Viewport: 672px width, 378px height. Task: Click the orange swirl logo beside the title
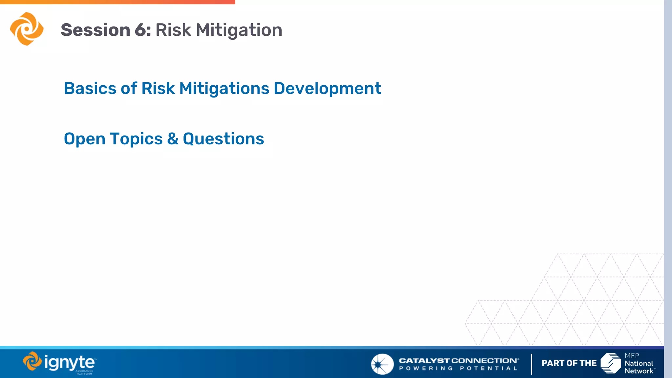click(27, 29)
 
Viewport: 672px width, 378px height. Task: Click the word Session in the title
click(95, 30)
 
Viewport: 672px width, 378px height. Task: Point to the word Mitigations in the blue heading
click(224, 89)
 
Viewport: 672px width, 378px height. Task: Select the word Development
click(327, 89)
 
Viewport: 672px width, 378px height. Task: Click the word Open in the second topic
click(84, 139)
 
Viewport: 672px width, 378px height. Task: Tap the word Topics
click(136, 139)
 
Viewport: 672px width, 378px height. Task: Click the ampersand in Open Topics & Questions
click(173, 139)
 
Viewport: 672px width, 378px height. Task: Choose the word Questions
click(223, 139)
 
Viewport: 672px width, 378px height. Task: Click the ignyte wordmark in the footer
click(70, 363)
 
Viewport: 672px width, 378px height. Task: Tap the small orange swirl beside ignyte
click(32, 361)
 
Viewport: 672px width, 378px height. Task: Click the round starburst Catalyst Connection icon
click(382, 364)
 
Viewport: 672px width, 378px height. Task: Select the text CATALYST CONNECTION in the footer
click(459, 361)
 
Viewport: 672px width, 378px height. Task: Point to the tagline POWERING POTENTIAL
click(458, 368)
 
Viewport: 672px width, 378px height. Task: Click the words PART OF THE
click(569, 363)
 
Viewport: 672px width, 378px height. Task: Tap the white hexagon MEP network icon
click(611, 363)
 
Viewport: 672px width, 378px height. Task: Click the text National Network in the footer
click(639, 367)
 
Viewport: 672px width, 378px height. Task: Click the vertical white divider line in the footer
click(532, 364)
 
